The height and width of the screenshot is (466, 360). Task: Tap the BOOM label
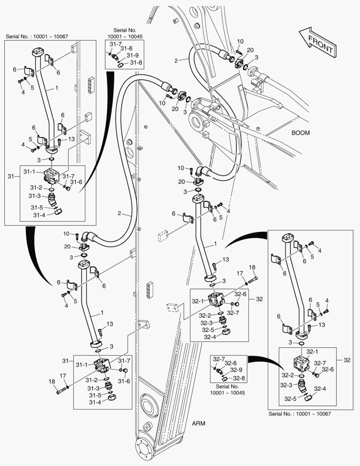click(x=301, y=133)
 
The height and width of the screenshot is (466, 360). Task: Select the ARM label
click(x=198, y=423)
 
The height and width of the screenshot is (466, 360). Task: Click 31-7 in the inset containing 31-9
click(x=116, y=44)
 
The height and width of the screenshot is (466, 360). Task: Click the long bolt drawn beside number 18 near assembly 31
click(x=62, y=390)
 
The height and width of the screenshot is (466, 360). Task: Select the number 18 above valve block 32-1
click(x=252, y=268)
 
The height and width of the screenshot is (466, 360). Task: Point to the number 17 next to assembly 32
click(x=240, y=273)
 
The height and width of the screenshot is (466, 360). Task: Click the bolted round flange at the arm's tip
click(x=144, y=448)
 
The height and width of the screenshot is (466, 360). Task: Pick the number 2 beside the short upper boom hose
click(x=175, y=61)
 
